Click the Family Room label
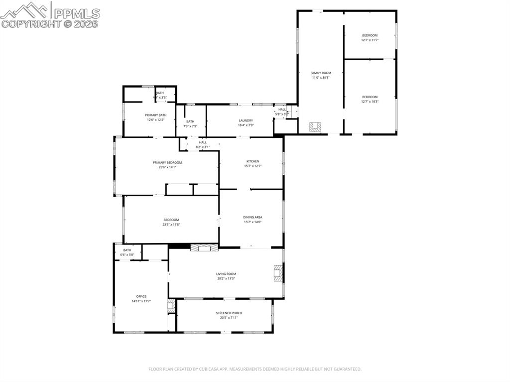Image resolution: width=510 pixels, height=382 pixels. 321,73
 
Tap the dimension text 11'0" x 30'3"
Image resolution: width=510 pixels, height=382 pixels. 321,78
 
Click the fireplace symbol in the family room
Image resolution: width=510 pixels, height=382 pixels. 315,127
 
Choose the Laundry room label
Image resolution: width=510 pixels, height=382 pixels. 246,121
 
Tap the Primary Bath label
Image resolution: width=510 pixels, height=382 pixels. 155,115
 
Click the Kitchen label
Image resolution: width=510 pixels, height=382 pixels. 253,161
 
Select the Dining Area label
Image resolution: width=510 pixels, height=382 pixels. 253,217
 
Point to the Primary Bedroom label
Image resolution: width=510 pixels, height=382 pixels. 167,162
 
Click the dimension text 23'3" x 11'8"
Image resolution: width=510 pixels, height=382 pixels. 171,225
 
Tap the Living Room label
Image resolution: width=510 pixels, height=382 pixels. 226,273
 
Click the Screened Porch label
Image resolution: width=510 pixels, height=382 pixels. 229,313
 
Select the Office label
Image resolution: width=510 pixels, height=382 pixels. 141,296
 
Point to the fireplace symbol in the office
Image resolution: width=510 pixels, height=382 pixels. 171,306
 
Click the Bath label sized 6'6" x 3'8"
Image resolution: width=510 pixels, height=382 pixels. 127,250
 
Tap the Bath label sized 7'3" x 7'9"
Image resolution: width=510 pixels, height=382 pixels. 190,122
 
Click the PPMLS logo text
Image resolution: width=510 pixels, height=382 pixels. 76,13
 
